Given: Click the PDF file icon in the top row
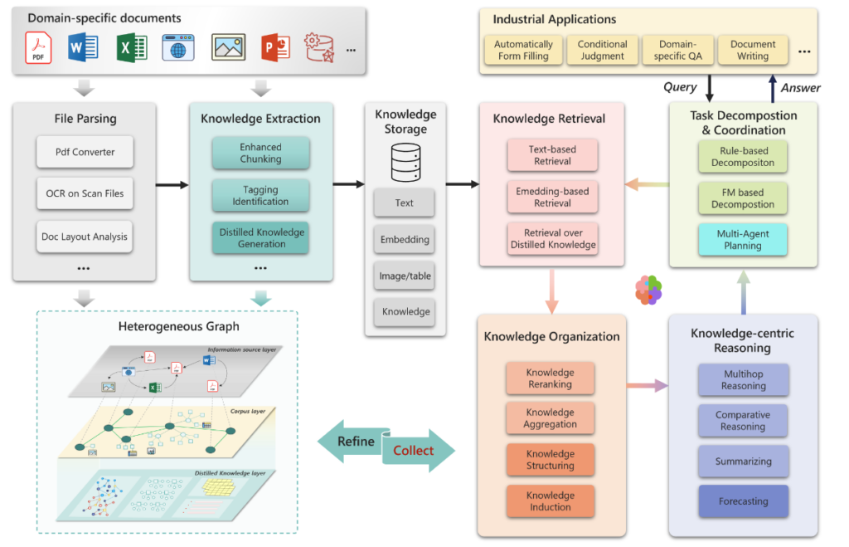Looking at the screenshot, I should click(x=38, y=46).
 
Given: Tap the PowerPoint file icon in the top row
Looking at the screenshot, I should click(x=274, y=46).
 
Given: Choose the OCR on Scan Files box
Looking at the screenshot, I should click(x=85, y=193).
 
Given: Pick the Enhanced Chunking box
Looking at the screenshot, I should click(x=260, y=154).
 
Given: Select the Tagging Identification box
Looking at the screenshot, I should click(x=260, y=195).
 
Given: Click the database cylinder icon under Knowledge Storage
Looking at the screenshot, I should click(x=405, y=162).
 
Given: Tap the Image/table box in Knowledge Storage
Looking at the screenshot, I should click(x=405, y=276).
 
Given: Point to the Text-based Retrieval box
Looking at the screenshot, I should click(x=552, y=155).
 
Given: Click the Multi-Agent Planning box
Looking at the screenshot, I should click(x=743, y=240).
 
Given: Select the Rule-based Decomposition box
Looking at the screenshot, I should click(x=743, y=157).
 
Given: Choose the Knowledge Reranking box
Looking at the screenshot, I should click(x=550, y=379).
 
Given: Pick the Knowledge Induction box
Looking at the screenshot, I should click(x=550, y=501).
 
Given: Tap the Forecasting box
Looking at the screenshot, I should click(x=743, y=501).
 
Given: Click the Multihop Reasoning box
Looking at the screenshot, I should click(x=743, y=380).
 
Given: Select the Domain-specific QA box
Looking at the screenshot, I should click(x=677, y=51).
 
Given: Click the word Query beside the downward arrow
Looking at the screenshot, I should click(x=680, y=87).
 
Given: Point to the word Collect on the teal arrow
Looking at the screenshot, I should click(x=413, y=450).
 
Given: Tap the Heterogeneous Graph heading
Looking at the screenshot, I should click(x=167, y=326).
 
